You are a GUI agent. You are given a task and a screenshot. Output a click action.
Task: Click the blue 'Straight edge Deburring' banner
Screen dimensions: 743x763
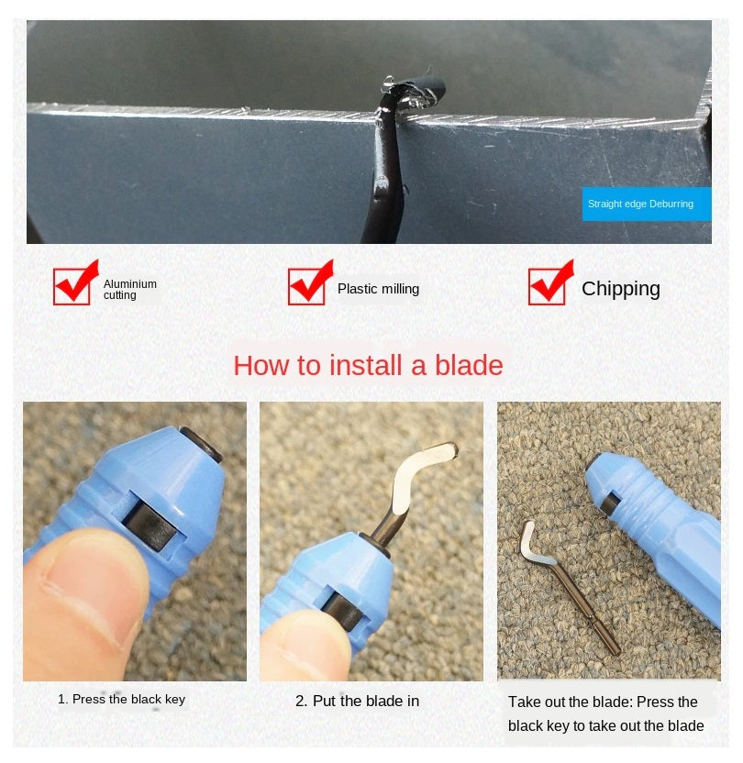point(647,204)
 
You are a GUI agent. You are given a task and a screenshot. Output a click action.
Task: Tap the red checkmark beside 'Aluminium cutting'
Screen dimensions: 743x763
point(76,282)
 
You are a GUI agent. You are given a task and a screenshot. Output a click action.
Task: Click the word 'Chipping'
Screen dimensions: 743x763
point(621,289)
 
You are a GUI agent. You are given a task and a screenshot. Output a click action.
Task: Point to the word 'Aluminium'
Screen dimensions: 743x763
point(130,283)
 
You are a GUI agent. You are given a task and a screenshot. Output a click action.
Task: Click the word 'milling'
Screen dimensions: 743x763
point(399,289)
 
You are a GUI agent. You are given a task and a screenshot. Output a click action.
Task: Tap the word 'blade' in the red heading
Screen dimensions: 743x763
point(469,365)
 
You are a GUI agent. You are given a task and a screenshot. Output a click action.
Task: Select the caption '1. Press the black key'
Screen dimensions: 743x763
point(122,699)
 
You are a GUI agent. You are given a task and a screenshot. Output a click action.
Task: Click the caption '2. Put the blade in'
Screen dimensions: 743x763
point(357,701)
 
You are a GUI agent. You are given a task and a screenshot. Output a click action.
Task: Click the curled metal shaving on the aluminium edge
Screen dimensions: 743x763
point(414,93)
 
